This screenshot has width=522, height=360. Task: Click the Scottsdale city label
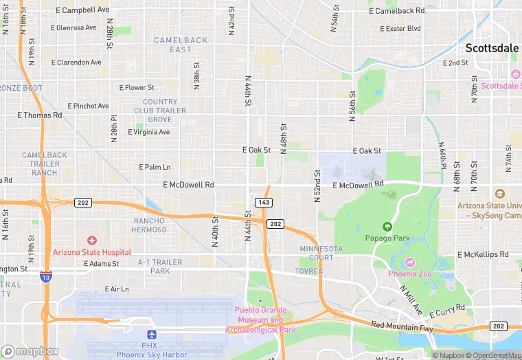(x=492, y=49)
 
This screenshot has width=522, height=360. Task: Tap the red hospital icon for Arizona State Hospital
(x=92, y=240)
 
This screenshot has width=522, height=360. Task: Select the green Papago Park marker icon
(x=387, y=227)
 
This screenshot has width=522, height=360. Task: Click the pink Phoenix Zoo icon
(x=410, y=262)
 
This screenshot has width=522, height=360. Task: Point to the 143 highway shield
(x=263, y=202)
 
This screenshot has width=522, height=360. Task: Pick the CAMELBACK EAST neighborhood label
(x=172, y=45)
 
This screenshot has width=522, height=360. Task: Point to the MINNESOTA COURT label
(x=321, y=253)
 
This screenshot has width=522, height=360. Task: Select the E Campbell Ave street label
(x=81, y=10)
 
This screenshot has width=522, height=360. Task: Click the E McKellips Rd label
(x=483, y=254)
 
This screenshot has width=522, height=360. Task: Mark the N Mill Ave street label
(x=411, y=300)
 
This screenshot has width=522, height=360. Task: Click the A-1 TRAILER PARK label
(x=160, y=267)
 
